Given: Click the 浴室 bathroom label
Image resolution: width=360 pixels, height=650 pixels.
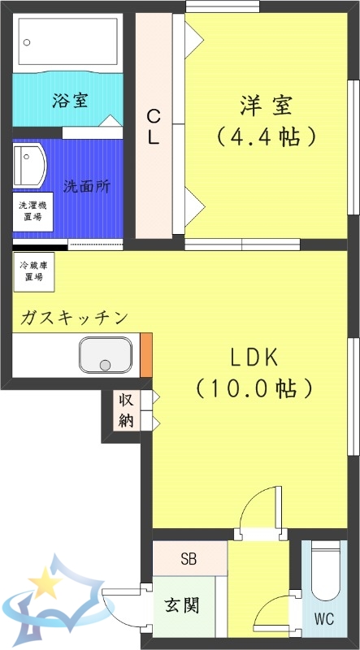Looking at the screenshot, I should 70,101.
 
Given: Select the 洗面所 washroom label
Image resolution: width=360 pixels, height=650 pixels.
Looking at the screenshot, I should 88,186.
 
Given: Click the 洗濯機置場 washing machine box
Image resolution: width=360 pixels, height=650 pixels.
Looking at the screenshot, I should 33,211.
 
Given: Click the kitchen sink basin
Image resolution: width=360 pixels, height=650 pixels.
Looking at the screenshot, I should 105,355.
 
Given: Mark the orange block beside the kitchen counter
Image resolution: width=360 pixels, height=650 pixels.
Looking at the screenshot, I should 146,354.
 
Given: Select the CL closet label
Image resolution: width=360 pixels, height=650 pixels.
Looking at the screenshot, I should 153,128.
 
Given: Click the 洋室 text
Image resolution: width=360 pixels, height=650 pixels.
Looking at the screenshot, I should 265,106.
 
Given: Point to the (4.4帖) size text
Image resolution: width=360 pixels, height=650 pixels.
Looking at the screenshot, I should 265,135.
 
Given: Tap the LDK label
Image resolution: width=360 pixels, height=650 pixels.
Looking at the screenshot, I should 254,357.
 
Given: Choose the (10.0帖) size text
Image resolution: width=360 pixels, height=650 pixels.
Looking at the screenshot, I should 254,388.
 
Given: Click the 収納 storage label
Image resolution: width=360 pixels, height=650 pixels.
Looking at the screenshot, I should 126,410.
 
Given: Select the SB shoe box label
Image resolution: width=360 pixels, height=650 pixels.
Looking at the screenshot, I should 189,559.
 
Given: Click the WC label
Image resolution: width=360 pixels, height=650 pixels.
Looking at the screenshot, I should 325,618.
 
